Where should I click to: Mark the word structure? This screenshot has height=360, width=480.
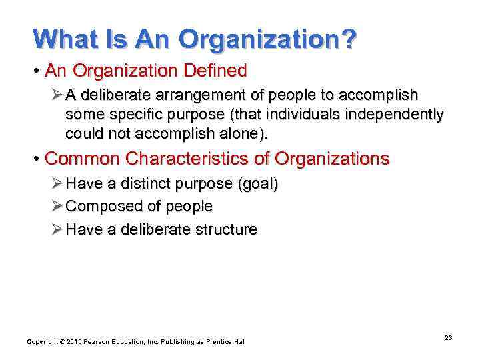coord(223,229)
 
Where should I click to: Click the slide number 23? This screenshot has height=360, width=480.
coord(448,338)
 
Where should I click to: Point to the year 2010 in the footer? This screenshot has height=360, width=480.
coord(73,342)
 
